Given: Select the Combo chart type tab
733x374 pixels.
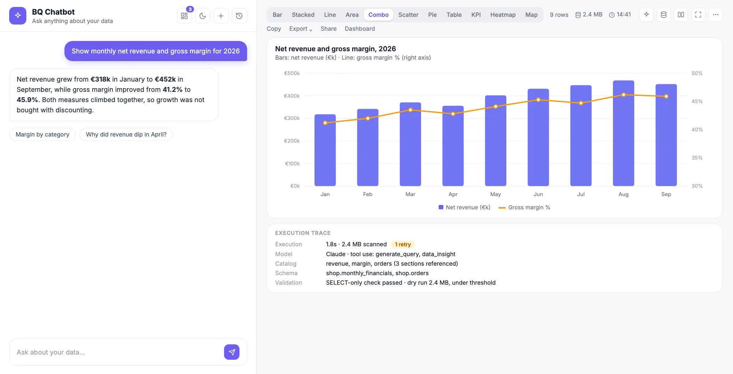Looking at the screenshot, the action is coord(378,15).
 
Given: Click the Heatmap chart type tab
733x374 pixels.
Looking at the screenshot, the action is coord(503,15).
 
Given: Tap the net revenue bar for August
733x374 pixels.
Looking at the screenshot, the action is coord(623,133).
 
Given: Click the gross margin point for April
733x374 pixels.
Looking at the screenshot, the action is coord(453,114).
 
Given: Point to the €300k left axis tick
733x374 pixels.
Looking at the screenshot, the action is coord(292,118).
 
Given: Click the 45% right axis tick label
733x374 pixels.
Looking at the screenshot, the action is coord(697,101).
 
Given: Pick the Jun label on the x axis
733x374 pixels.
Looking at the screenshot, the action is coord(538,194).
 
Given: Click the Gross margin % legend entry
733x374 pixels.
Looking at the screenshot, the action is coord(524,207).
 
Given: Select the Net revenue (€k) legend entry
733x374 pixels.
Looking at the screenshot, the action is coord(464,207).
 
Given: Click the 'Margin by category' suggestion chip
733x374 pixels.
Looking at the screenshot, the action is coord(42,134).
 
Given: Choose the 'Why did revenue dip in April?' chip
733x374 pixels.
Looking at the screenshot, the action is coord(126,134).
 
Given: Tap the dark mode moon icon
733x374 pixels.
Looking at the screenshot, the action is coord(202,16).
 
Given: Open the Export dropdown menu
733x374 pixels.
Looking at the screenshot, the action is coord(301,29).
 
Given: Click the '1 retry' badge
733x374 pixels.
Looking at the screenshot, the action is coord(403,244).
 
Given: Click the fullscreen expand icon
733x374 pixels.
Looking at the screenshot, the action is coord(698,15).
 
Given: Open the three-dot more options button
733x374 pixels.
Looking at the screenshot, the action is coord(715,15).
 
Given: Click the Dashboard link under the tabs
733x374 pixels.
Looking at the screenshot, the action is coord(360,29).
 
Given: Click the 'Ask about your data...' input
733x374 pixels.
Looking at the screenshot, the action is coord(117,352).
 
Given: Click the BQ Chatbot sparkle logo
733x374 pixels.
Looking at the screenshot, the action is coord(18,16).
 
